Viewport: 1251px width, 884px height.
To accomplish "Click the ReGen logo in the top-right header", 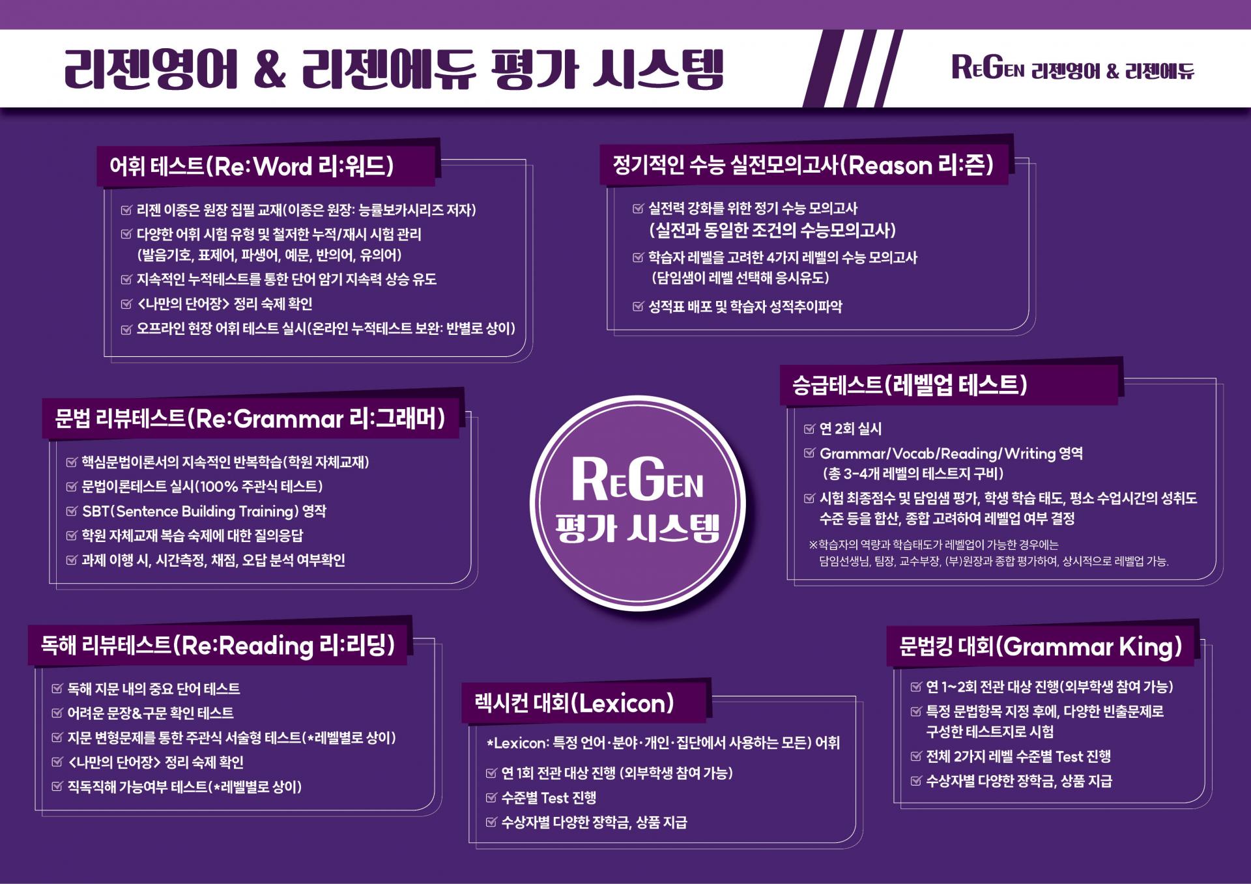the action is (x=988, y=67).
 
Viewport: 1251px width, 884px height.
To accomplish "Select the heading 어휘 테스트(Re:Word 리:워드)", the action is (x=252, y=166).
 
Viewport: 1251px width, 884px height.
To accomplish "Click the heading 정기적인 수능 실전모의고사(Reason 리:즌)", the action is (x=803, y=165).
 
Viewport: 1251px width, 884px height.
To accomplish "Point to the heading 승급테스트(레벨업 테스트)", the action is (x=910, y=384).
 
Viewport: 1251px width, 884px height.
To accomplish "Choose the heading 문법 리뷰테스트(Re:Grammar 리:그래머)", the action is (x=250, y=418).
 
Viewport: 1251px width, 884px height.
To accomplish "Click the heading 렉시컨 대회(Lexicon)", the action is (x=574, y=704).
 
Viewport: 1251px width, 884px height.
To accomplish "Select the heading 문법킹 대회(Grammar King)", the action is (x=1041, y=646).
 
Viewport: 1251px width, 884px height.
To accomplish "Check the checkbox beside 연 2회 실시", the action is (x=810, y=428).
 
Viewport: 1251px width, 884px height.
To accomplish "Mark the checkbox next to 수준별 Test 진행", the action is (x=492, y=797).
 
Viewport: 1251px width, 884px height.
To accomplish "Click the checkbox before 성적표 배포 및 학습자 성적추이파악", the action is (x=639, y=306).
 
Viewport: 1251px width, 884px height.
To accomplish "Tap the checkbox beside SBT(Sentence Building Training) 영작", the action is (x=72, y=511).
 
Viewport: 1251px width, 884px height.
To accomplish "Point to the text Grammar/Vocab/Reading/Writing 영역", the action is (x=951, y=453).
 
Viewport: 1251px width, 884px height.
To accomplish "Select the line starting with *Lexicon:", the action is (x=663, y=743).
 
